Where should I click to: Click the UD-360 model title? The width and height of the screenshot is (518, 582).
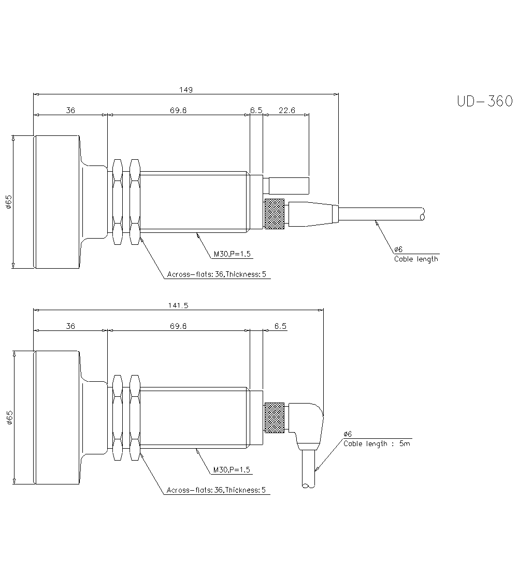coord(484,101)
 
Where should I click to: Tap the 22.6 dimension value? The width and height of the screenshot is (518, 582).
coord(286,110)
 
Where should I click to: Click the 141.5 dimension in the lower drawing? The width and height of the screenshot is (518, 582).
coord(178,306)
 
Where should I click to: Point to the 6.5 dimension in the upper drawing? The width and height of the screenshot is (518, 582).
coord(256,110)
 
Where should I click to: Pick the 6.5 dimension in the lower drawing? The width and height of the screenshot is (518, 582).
coord(280,326)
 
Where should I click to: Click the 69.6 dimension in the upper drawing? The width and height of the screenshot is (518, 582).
coord(178,110)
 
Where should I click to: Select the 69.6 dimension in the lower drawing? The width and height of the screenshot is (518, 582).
coord(178,326)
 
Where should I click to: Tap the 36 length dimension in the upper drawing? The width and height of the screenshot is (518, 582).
coord(71,110)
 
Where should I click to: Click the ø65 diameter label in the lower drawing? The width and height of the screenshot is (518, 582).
coord(9,418)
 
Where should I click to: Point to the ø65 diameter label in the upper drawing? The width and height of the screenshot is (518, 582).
coord(9,202)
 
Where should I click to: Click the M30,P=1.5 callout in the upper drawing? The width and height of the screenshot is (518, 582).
coord(232,254)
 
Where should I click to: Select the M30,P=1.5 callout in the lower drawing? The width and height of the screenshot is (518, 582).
coord(232,470)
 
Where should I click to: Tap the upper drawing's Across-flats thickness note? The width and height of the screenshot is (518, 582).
coord(217,274)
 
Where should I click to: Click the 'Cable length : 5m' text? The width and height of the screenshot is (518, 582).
coord(377,444)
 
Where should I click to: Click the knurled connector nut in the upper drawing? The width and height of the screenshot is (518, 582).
coord(275,214)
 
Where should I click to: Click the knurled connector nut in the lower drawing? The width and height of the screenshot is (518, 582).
coord(275,418)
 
